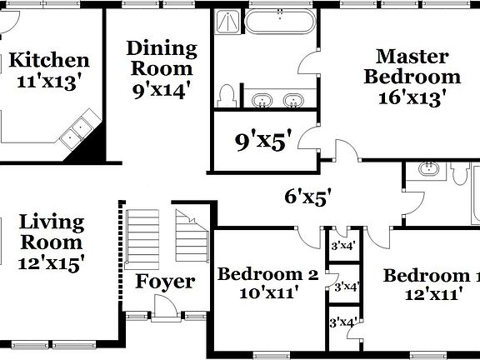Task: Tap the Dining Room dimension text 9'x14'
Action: click(x=162, y=89)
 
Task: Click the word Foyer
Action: click(x=166, y=282)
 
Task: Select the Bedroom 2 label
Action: click(x=267, y=273)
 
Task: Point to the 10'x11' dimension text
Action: click(x=267, y=292)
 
